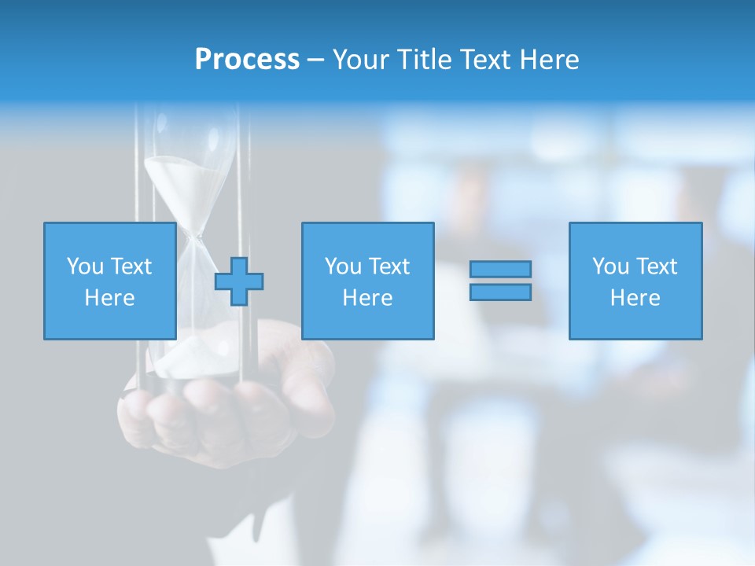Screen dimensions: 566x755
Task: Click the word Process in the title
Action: pos(247,60)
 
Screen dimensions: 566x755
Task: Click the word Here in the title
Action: pos(552,60)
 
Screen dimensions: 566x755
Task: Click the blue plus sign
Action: pos(239,281)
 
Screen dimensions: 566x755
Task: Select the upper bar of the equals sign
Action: pos(500,269)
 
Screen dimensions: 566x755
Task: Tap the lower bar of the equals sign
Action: pos(500,292)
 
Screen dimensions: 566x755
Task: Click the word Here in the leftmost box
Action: pos(109,298)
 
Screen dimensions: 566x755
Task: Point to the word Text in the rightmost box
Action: pos(657,266)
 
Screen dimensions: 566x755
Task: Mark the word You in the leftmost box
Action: pos(85,266)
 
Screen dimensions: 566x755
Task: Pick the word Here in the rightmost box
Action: pos(635,298)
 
